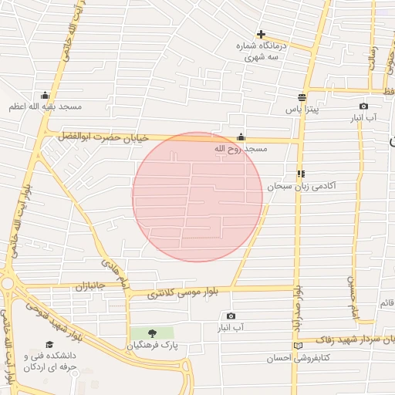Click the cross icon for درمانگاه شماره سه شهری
[262, 35]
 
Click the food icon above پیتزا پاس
[302, 98]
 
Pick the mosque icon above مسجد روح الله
[241, 137]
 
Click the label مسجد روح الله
[240, 148]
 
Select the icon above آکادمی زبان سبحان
[301, 174]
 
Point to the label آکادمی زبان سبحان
[302, 187]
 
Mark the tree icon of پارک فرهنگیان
[151, 333]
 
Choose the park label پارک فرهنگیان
[164, 346]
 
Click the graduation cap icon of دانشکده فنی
[49, 344]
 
